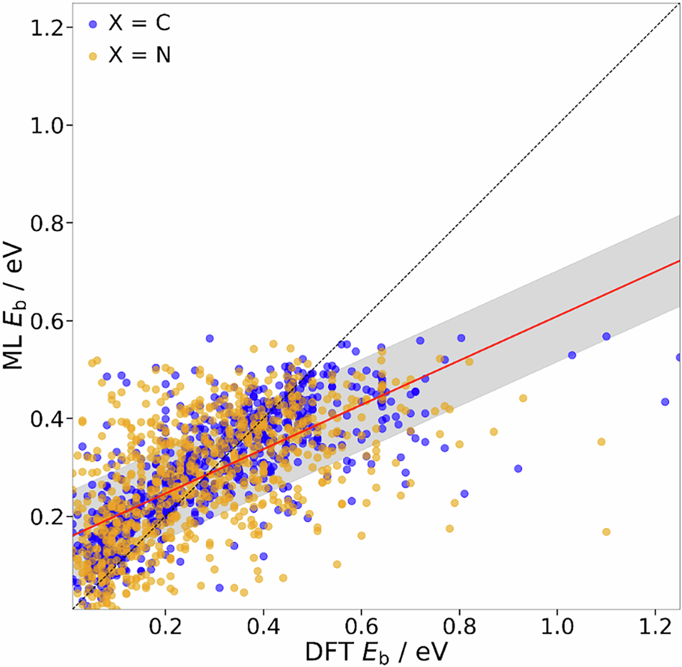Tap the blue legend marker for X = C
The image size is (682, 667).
click(x=92, y=24)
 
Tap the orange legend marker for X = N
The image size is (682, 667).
click(x=92, y=55)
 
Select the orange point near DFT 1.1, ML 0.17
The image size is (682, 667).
click(x=606, y=532)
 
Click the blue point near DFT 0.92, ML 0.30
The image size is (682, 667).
click(x=518, y=468)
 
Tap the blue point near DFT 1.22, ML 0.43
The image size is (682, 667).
click(x=665, y=402)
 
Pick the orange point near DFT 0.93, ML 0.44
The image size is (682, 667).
click(x=523, y=398)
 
